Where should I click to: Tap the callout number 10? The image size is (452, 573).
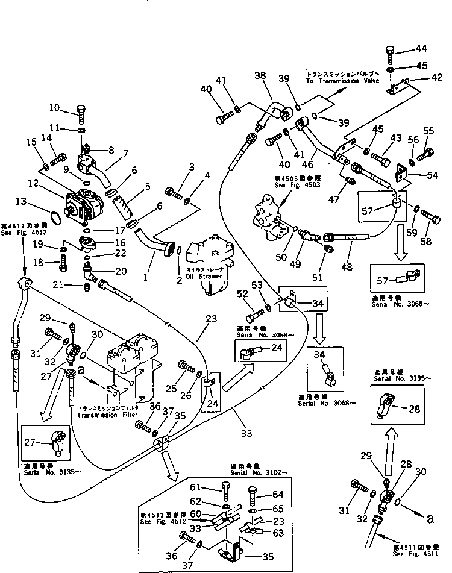coord(54,108)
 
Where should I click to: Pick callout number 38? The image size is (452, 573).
coord(260,75)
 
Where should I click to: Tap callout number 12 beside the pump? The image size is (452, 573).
coord(33,182)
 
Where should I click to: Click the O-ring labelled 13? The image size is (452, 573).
coord(53,216)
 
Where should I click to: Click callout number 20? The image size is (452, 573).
coord(121,272)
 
